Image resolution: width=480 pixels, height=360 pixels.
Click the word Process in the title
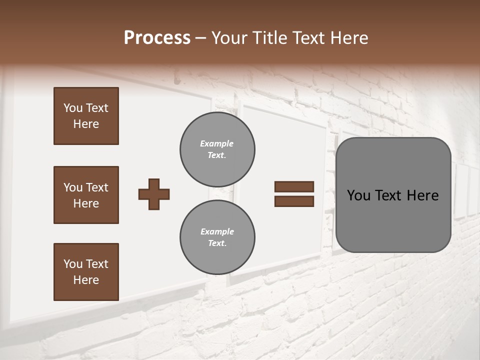[157, 38]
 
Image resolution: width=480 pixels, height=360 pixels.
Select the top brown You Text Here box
[86, 116]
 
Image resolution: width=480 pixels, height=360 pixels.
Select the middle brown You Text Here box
[86, 195]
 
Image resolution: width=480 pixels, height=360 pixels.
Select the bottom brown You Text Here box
[86, 272]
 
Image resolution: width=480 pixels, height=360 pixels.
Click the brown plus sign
[154, 194]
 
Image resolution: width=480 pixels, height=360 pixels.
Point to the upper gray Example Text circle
[217, 149]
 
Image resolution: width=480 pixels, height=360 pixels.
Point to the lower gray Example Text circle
[217, 237]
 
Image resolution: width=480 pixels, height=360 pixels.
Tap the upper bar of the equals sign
[294, 186]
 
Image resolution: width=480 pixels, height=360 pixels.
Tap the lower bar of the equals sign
[294, 201]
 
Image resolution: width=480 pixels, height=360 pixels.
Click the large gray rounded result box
[393, 220]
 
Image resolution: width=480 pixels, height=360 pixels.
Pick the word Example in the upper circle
[217, 143]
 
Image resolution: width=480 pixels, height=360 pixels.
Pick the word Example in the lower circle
[217, 231]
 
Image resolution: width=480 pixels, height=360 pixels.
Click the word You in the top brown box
[72, 108]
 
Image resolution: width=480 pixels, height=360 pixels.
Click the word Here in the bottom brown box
[86, 280]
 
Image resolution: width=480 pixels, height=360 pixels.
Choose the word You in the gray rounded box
[358, 195]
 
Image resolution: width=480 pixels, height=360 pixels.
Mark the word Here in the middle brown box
[86, 203]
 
